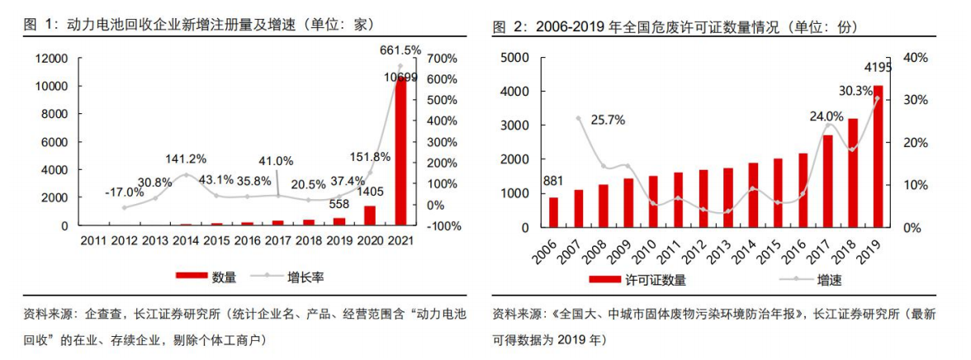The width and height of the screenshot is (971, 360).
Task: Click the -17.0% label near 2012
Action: (124, 192)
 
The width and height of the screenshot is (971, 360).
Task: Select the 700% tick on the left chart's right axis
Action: (439, 58)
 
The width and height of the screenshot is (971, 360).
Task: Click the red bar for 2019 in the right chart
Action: (878, 157)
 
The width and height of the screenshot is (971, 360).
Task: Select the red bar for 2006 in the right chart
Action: (553, 212)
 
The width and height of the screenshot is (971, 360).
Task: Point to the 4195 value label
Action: (877, 67)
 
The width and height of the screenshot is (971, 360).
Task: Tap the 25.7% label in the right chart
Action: (607, 119)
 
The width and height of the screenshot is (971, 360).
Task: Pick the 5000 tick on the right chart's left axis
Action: (517, 57)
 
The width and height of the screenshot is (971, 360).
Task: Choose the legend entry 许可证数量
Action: (655, 280)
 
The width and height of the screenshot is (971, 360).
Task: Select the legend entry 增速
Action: (829, 280)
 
